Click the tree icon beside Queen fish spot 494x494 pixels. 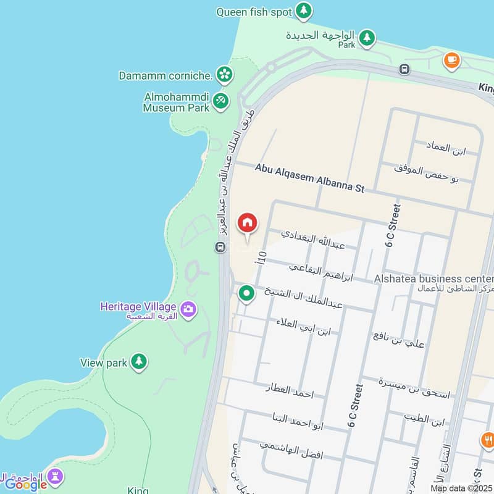click(303, 10)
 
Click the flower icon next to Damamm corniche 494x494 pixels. click(224, 75)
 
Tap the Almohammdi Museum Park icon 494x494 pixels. click(220, 101)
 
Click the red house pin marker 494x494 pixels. click(248, 224)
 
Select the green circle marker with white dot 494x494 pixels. click(247, 293)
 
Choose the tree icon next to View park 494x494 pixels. click(139, 362)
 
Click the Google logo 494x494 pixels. click(26, 485)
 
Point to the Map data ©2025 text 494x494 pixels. click(461, 488)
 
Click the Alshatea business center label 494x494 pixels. click(433, 279)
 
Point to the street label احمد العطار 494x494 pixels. click(290, 391)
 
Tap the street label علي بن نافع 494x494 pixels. click(399, 340)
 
